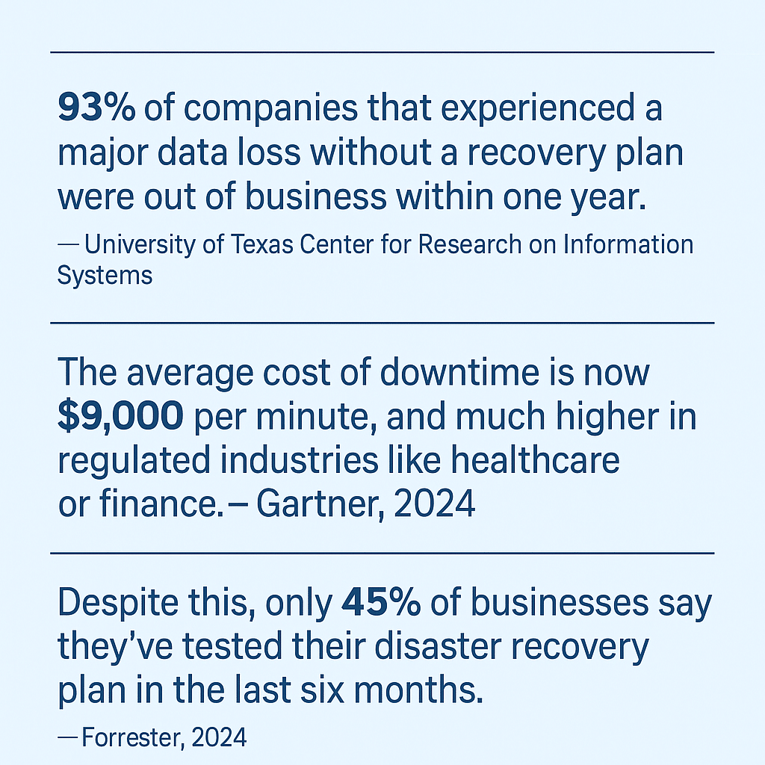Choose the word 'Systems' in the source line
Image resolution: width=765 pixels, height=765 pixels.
[x=105, y=275]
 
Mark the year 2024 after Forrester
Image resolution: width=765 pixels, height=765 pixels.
[x=219, y=738]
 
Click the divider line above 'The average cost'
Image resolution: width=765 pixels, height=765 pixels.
[x=382, y=323]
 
